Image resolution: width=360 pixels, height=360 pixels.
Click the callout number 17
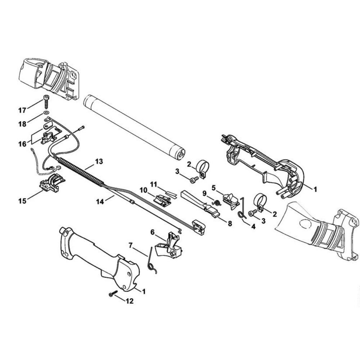tap(22, 111)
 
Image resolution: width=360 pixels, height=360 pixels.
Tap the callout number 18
tap(22, 124)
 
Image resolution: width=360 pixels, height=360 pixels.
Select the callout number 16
tap(22, 144)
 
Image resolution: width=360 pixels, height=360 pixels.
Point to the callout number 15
tap(22, 201)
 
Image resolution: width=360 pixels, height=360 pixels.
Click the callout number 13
tap(99, 161)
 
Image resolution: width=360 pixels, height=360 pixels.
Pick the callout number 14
tap(100, 202)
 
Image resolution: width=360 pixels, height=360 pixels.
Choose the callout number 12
tap(130, 301)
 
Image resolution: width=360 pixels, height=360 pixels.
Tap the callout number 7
tap(131, 246)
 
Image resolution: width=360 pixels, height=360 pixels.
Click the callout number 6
tap(153, 232)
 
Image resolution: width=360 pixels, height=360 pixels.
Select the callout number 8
tap(230, 224)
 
